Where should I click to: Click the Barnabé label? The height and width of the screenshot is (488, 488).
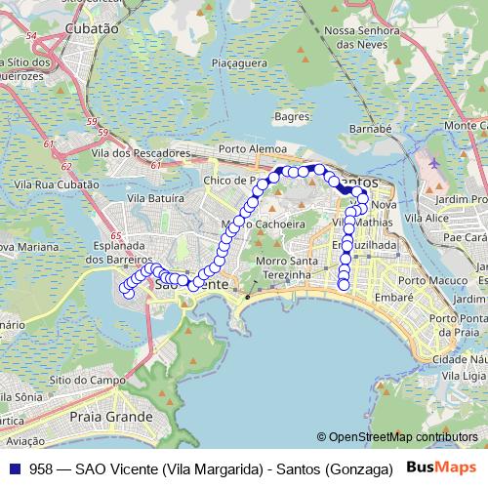370,128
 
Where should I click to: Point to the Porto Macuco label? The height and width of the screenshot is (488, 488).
433,280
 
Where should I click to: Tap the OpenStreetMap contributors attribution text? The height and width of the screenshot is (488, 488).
399,436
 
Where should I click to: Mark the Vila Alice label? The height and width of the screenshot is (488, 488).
427,218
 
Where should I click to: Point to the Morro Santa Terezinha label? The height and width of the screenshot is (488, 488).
282,268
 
